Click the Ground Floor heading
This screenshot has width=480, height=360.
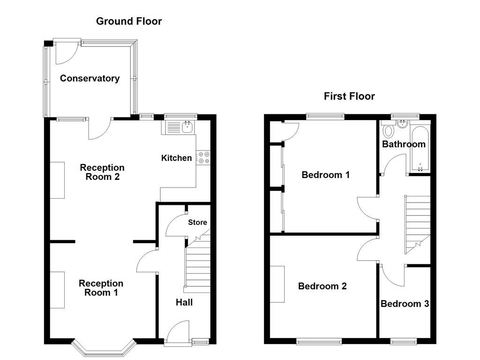129,21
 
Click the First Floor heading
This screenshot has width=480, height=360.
349,96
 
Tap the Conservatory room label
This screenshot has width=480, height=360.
90,78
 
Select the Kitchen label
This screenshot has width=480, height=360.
176,158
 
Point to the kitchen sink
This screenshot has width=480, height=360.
179,127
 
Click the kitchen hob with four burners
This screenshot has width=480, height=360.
204,157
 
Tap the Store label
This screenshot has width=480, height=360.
197,222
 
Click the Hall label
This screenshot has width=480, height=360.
184,302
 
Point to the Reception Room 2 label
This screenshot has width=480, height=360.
102,172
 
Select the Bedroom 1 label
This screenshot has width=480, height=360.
325,175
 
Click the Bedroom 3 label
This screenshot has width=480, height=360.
405,304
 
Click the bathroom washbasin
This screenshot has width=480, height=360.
402,124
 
